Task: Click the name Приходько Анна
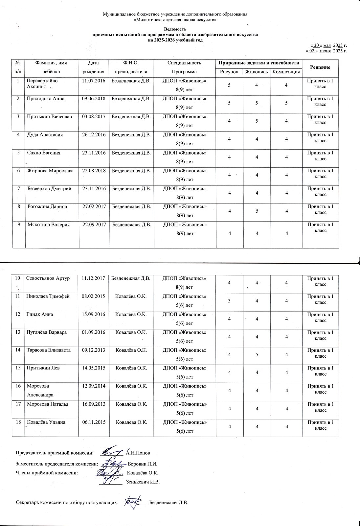pyautogui.click(x=45, y=99)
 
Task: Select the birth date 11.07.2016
pyautogui.click(x=94, y=81)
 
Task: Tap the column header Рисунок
pyautogui.click(x=229, y=72)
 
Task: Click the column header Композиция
pyautogui.click(x=285, y=72)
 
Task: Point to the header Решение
pyautogui.click(x=320, y=67)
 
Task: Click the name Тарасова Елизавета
pyautogui.click(x=48, y=350)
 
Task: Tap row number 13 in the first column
pyautogui.click(x=18, y=332)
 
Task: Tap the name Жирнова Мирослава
pyautogui.click(x=50, y=171)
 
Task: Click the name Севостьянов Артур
pyautogui.click(x=48, y=278)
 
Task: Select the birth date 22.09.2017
pyautogui.click(x=94, y=225)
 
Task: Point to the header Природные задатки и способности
pyautogui.click(x=259, y=63)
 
